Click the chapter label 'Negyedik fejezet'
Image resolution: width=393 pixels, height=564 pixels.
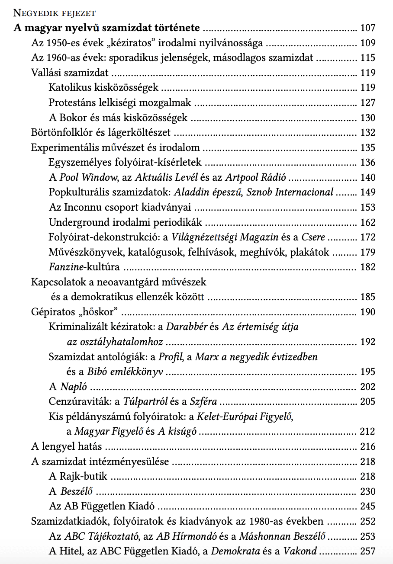pos(55,13)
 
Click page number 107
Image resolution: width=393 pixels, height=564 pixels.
pos(367,29)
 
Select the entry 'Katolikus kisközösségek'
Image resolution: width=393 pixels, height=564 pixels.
pos(103,88)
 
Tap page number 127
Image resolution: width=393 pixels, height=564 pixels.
pos(367,103)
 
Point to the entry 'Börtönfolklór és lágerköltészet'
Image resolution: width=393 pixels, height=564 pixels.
pos(101,133)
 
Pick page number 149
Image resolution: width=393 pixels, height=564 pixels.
pos(367,192)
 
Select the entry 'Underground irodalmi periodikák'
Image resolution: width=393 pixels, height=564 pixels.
pos(125,223)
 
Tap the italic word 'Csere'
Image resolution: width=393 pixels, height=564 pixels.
pos(314,237)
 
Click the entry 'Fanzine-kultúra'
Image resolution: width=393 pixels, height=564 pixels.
pos(84,267)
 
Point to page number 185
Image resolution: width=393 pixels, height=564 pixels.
pos(367,297)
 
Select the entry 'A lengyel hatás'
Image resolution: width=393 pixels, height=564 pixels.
pos(67,446)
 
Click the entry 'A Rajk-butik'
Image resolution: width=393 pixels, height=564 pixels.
pos(78,477)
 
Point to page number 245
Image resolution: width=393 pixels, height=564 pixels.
pos(367,506)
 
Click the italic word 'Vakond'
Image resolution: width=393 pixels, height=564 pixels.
pos(300,551)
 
